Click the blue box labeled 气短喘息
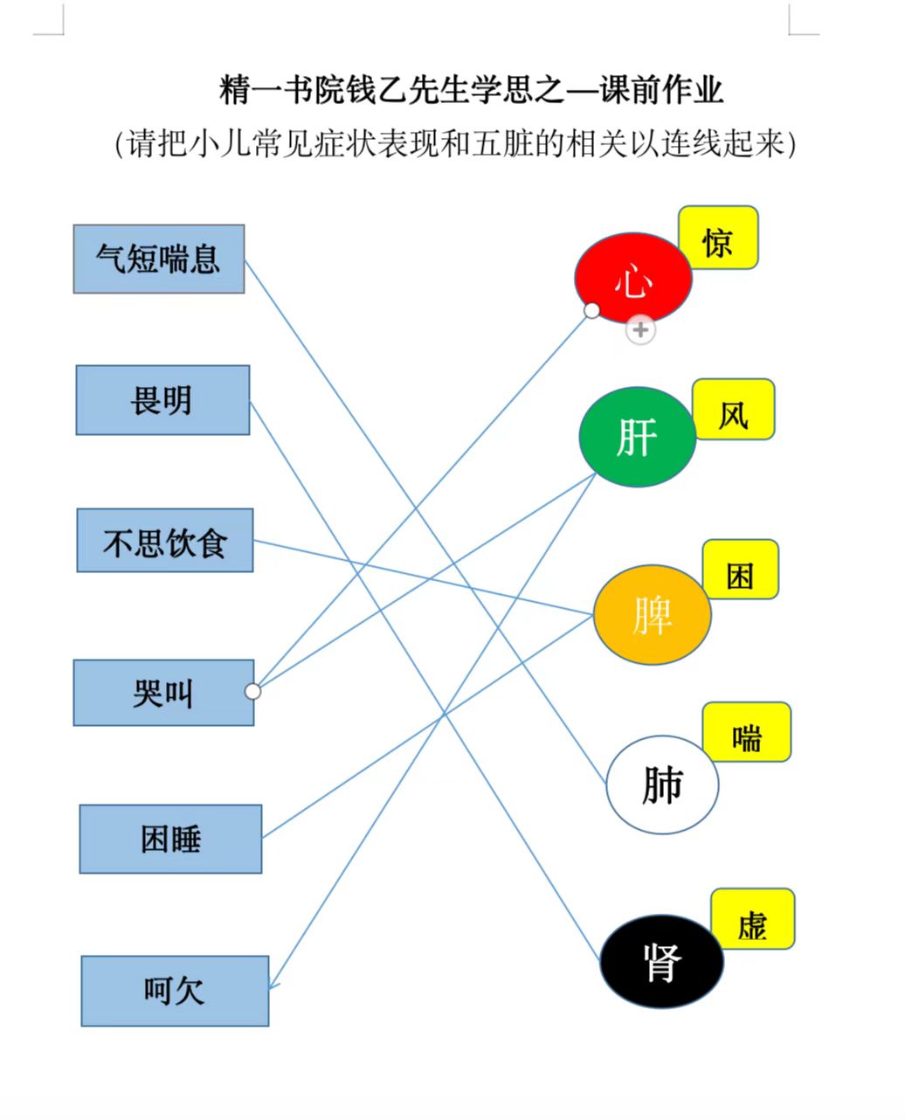(x=158, y=259)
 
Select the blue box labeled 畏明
(x=162, y=400)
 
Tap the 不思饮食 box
(x=164, y=540)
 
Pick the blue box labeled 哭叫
(x=163, y=693)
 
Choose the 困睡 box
(x=170, y=839)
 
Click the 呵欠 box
(x=175, y=991)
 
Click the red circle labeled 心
(x=632, y=278)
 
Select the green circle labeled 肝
(x=638, y=437)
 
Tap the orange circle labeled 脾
(x=652, y=614)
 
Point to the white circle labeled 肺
(x=662, y=785)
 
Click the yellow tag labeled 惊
(x=718, y=237)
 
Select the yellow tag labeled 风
(x=733, y=409)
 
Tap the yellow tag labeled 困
(x=741, y=569)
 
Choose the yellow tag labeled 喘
(x=747, y=731)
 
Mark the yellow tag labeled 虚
(x=752, y=918)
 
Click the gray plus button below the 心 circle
(x=640, y=330)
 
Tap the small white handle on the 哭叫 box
(x=252, y=691)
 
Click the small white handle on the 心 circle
(x=591, y=311)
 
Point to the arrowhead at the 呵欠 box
(x=272, y=985)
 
